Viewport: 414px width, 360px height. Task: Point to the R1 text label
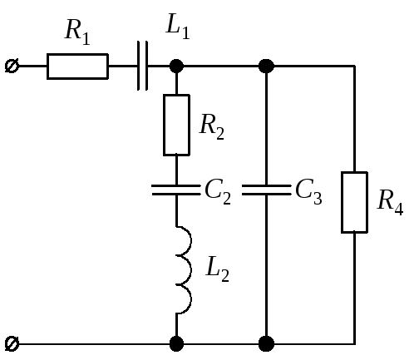(77, 32)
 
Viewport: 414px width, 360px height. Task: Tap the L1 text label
(178, 27)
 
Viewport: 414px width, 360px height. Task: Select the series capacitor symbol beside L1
(142, 66)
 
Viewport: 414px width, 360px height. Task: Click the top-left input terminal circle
(12, 66)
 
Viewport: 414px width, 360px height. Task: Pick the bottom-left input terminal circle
(12, 344)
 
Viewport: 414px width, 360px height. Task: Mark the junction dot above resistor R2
(176, 67)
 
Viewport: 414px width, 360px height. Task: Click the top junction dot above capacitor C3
(266, 67)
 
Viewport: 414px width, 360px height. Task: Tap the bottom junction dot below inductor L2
(176, 344)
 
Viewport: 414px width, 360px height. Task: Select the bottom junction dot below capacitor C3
(266, 344)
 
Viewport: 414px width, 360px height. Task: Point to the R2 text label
(212, 126)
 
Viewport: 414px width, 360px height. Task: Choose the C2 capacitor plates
(176, 190)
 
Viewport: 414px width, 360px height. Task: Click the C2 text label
(218, 191)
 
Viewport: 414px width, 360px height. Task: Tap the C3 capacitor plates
(266, 190)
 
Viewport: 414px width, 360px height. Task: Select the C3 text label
(308, 191)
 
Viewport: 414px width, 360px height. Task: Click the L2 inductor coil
(191, 270)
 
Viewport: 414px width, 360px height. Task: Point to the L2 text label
(218, 269)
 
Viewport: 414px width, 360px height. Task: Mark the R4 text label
(391, 202)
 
